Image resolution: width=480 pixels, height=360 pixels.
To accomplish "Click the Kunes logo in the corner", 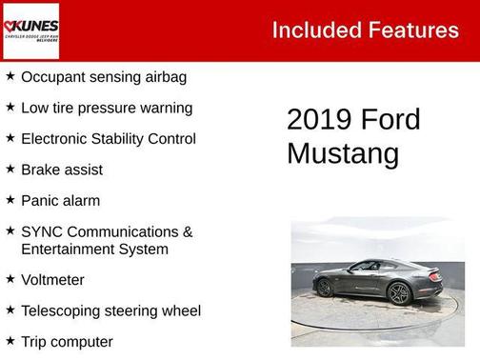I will [x=30, y=30].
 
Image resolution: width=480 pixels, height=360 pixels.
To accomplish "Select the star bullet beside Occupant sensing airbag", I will [x=10, y=76].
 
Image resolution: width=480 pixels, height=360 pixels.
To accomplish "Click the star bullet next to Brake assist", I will [x=10, y=170].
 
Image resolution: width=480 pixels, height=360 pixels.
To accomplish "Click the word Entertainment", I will [x=68, y=249].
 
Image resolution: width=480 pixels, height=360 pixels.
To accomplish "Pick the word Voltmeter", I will [x=52, y=280].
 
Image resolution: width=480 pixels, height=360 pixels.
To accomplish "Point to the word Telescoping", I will [x=64, y=310].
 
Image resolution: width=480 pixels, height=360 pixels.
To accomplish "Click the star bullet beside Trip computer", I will [x=10, y=341].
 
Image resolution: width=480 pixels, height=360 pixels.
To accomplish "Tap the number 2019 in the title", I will [x=318, y=120].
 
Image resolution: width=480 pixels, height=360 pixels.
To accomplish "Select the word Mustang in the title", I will [x=343, y=153].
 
